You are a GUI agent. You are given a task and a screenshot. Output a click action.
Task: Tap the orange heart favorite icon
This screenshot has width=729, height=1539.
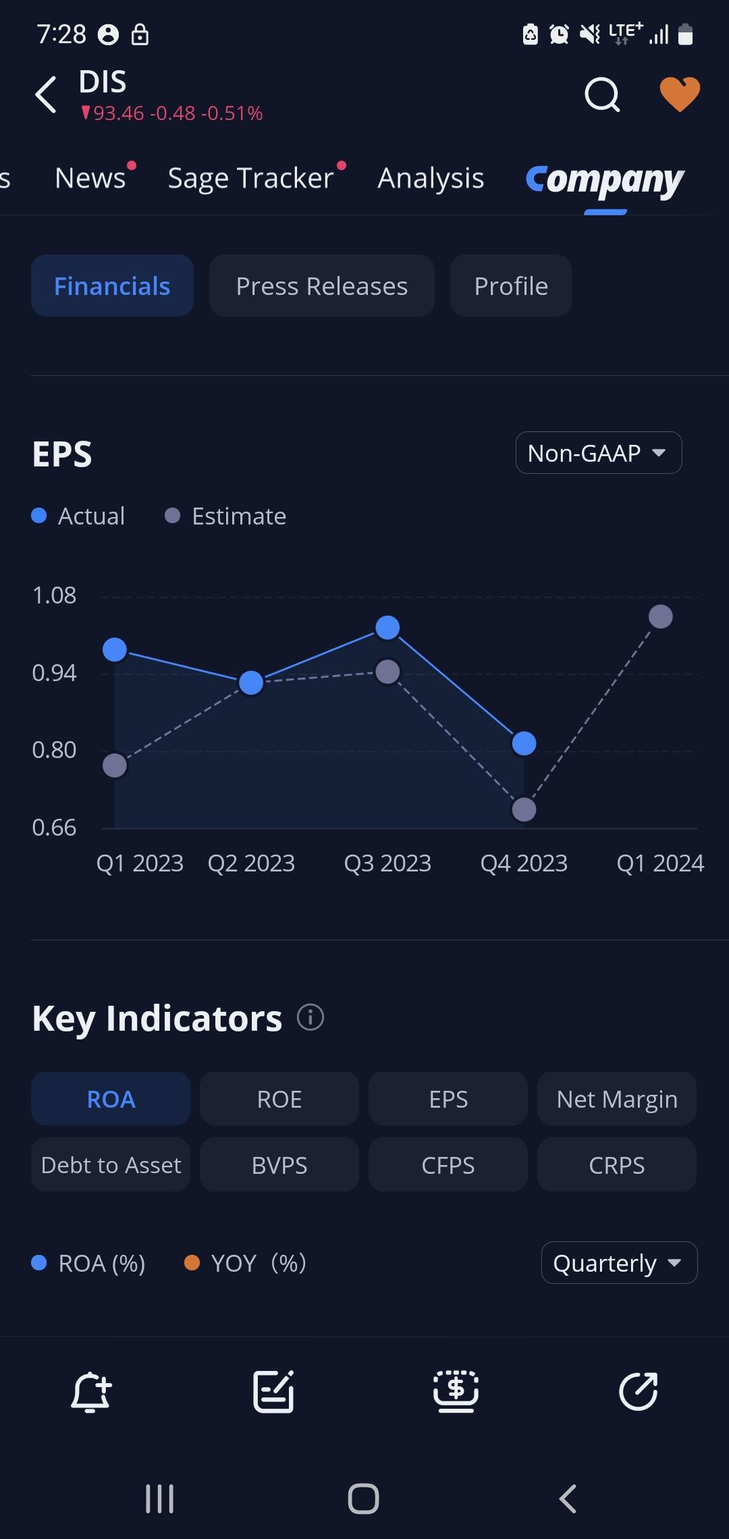[679, 94]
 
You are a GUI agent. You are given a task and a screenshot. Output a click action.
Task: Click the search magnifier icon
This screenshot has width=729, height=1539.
[601, 94]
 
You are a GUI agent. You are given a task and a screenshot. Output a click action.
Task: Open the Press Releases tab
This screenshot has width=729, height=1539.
[321, 286]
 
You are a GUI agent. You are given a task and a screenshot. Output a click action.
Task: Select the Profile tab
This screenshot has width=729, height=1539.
[511, 286]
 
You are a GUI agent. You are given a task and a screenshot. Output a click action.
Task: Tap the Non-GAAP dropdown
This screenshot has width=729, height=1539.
[598, 453]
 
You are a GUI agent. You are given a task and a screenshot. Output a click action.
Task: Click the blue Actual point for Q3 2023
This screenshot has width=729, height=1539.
[387, 628]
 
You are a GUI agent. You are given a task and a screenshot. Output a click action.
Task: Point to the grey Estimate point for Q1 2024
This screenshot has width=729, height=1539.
[660, 616]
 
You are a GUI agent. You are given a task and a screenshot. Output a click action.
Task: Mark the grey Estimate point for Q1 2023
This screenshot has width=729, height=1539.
[115, 765]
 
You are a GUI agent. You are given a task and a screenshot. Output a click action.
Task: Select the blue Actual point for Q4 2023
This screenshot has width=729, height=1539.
[524, 743]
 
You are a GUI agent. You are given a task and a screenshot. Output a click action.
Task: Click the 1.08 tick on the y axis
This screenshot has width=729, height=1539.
[54, 595]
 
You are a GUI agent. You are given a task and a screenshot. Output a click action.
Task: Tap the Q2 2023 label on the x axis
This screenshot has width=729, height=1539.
[251, 863]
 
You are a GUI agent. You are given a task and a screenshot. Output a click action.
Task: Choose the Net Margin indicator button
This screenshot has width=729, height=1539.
[616, 1099]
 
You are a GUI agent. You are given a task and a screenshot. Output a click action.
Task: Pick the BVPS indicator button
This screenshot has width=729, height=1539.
[279, 1165]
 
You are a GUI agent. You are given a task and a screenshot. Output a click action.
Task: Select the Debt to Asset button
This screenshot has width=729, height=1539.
[111, 1165]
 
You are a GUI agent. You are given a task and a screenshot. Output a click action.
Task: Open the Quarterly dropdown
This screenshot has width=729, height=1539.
[618, 1263]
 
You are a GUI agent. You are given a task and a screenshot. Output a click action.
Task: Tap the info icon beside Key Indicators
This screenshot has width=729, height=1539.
[310, 1017]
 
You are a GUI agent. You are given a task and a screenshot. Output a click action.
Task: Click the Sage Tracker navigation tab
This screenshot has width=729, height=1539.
[251, 178]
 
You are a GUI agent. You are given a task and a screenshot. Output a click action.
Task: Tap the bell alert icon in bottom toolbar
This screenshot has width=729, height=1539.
[91, 1391]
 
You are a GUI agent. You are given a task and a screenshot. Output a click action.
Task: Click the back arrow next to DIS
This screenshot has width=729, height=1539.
[46, 94]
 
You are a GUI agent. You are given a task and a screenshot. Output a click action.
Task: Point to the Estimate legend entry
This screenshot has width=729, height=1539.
[226, 516]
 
